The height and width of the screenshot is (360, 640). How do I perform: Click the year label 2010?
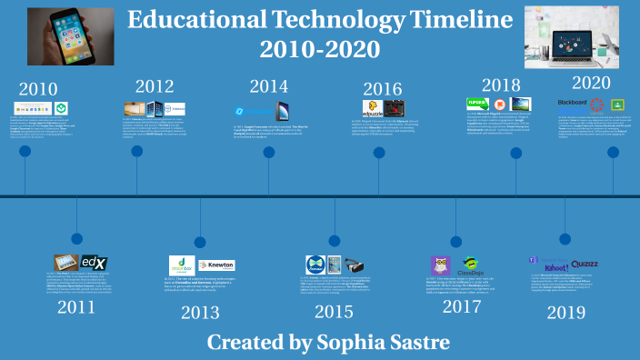37,89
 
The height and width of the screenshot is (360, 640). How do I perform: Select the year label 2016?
382,88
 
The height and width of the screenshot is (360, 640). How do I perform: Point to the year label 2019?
565,312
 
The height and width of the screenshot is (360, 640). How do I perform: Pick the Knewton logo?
215,265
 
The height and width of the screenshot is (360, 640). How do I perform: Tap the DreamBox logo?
181,265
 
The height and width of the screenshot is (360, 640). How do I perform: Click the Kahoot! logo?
555,267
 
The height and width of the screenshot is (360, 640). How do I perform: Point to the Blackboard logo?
572,103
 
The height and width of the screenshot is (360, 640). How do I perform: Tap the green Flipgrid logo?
478,103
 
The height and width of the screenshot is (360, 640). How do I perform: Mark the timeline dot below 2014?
269,153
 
